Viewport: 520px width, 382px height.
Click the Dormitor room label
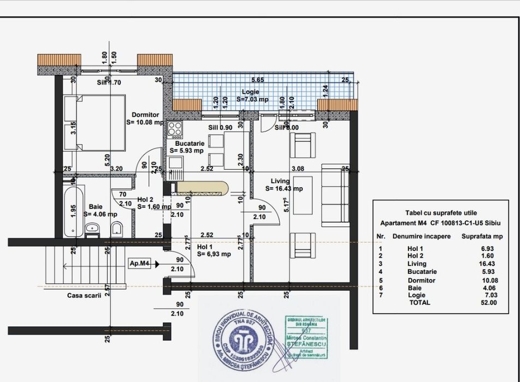[145, 115]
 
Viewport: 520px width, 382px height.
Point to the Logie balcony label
[249, 92]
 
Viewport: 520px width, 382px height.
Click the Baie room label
[96, 207]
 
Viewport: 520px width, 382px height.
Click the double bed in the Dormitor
[94, 122]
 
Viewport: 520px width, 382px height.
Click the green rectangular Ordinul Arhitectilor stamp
[305, 337]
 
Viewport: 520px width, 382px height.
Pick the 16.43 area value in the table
[486, 264]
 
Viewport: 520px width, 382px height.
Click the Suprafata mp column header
[482, 237]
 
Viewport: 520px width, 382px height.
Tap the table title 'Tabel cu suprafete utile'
[441, 213]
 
